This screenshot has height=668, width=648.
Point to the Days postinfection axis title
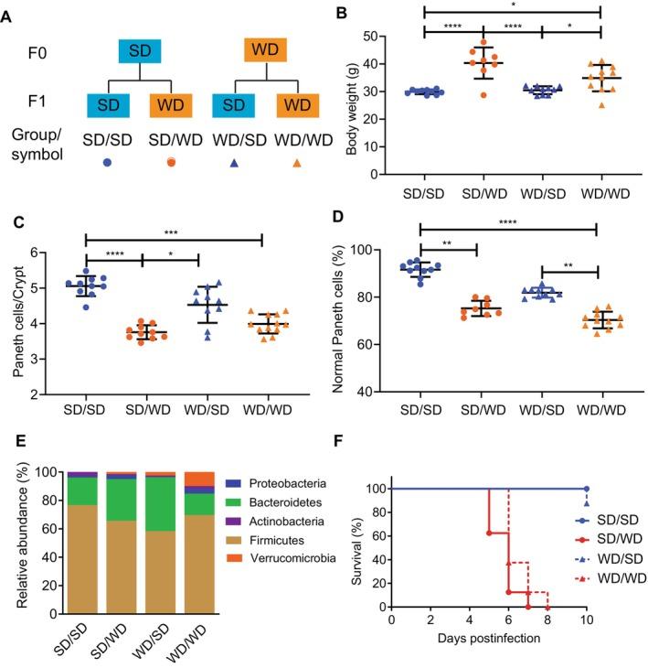(x=488, y=637)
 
